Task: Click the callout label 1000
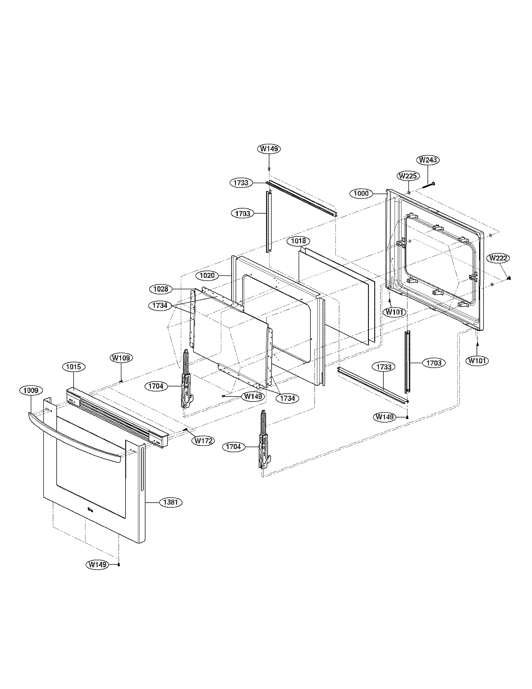click(361, 193)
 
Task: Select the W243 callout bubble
click(428, 160)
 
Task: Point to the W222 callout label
click(498, 258)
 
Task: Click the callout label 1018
click(299, 241)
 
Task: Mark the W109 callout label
click(121, 358)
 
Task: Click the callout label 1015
click(74, 367)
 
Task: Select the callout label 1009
click(31, 391)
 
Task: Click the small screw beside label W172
click(186, 430)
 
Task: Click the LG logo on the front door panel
click(90, 517)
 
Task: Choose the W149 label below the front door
click(97, 564)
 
